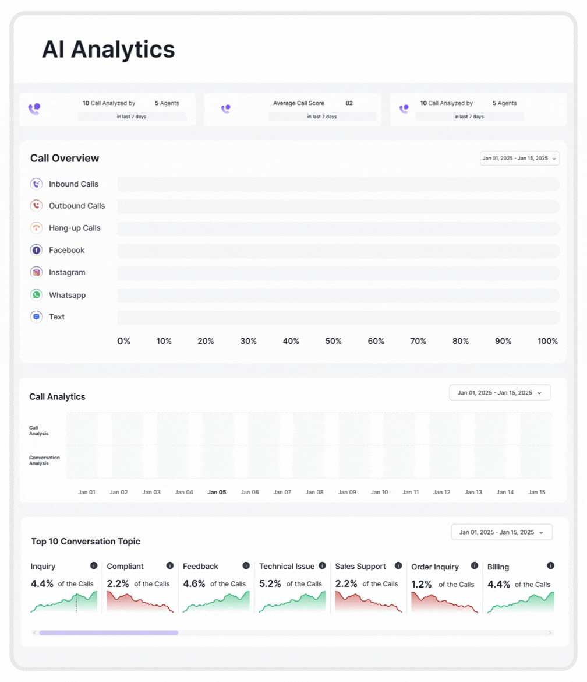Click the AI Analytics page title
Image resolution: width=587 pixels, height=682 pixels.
tap(108, 50)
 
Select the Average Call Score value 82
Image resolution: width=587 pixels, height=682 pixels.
tap(349, 103)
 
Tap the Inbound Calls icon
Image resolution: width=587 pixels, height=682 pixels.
tap(37, 184)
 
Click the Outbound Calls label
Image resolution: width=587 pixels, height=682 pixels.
tap(77, 206)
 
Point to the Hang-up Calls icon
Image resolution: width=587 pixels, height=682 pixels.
tap(37, 228)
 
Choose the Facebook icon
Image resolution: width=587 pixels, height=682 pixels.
tap(37, 250)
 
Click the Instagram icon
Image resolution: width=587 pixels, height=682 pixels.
tap(37, 272)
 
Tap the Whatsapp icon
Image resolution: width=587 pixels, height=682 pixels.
tap(37, 295)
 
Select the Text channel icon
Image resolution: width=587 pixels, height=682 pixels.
tap(37, 317)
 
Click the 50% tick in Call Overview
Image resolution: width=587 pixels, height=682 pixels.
tap(333, 341)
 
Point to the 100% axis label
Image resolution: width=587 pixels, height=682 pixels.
tap(547, 341)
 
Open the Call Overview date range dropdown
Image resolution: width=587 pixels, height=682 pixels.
tap(519, 158)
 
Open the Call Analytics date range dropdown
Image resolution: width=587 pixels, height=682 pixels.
tap(500, 393)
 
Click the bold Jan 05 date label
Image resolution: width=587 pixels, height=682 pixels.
tap(217, 492)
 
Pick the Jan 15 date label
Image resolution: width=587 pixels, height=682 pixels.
tap(536, 492)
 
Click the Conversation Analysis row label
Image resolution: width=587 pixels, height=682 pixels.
tap(44, 460)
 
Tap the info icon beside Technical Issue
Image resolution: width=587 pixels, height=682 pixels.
tap(322, 565)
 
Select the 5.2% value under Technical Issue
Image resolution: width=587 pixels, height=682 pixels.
tap(270, 583)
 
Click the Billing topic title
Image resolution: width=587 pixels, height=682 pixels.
tap(498, 567)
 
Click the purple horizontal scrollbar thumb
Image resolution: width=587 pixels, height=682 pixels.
tap(108, 632)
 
